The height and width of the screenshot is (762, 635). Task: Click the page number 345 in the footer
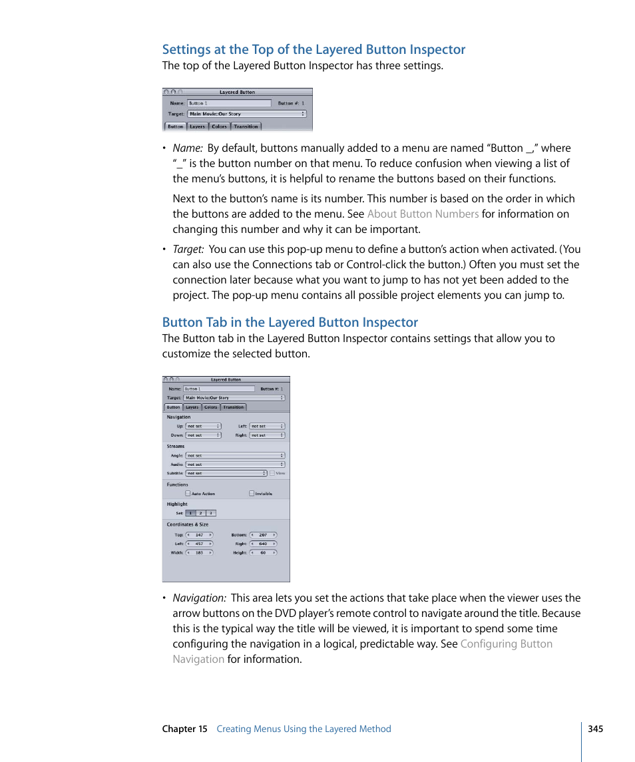pyautogui.click(x=595, y=729)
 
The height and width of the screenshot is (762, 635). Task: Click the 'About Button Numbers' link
pyautogui.click(x=423, y=214)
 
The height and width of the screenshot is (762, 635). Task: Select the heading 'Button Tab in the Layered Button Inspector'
pyautogui.click(x=290, y=322)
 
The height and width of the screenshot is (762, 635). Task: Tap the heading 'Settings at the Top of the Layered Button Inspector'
pyautogui.click(x=314, y=49)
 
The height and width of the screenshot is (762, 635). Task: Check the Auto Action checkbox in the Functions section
pyautogui.click(x=188, y=494)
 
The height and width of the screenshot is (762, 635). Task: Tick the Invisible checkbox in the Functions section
pyautogui.click(x=252, y=494)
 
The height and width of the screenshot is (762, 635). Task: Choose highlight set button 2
pyautogui.click(x=201, y=513)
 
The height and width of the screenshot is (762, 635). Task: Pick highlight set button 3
pyautogui.click(x=211, y=513)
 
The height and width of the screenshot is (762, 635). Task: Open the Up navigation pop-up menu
pyautogui.click(x=203, y=426)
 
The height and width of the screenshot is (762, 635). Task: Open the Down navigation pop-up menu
pyautogui.click(x=203, y=435)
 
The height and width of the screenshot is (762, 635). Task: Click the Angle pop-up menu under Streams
pyautogui.click(x=235, y=456)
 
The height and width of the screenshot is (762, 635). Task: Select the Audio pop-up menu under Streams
pyautogui.click(x=235, y=465)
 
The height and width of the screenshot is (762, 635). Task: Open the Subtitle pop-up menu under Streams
pyautogui.click(x=226, y=473)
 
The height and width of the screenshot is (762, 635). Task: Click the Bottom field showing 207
pyautogui.click(x=264, y=534)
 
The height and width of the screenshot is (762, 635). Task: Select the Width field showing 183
pyautogui.click(x=200, y=552)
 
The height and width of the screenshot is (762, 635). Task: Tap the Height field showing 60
pyautogui.click(x=264, y=552)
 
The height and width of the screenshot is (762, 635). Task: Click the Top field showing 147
pyautogui.click(x=200, y=534)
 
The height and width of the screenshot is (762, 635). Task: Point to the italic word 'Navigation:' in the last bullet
pyautogui.click(x=199, y=598)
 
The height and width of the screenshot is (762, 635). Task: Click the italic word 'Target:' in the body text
pyautogui.click(x=188, y=249)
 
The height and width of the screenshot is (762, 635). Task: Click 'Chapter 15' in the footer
pyautogui.click(x=184, y=729)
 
